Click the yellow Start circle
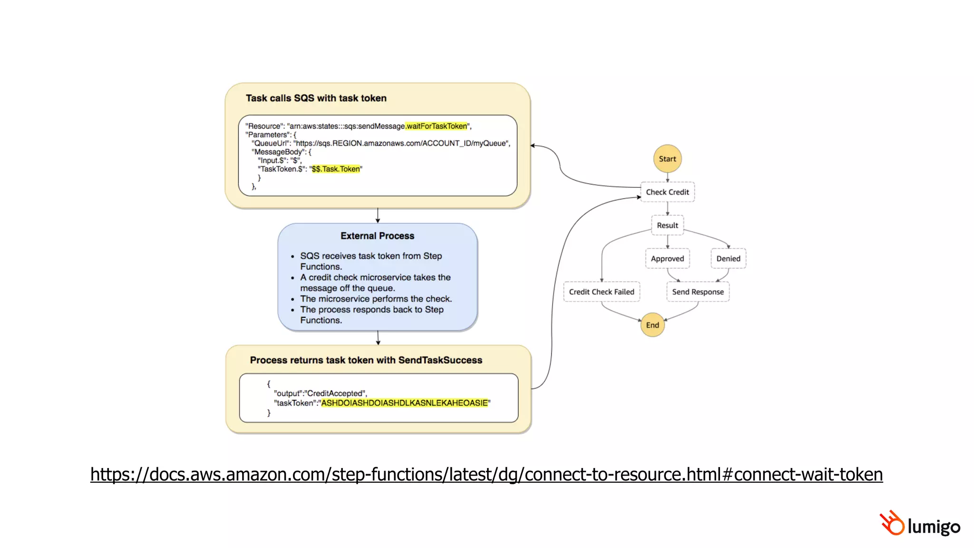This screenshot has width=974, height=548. [667, 159]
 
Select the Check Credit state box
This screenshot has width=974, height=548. [667, 192]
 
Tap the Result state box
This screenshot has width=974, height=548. [667, 225]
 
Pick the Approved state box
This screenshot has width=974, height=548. [667, 259]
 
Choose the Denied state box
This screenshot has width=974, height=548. [728, 259]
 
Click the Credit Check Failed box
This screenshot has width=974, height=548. [602, 292]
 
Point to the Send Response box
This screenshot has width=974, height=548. [698, 292]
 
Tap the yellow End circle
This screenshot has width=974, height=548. [653, 325]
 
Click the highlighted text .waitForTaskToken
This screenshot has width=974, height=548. [436, 126]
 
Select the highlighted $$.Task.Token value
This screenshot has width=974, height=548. [336, 169]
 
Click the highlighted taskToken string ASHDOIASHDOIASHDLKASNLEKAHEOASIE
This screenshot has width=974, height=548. [405, 403]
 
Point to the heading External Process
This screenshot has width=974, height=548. [377, 236]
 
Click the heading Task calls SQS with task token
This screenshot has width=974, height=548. [316, 98]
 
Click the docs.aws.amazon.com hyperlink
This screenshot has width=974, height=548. [487, 474]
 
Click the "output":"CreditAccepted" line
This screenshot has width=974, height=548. [320, 393]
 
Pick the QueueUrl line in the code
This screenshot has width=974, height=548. [380, 143]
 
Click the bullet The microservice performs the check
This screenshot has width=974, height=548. [376, 299]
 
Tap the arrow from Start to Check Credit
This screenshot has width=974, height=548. [667, 177]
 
